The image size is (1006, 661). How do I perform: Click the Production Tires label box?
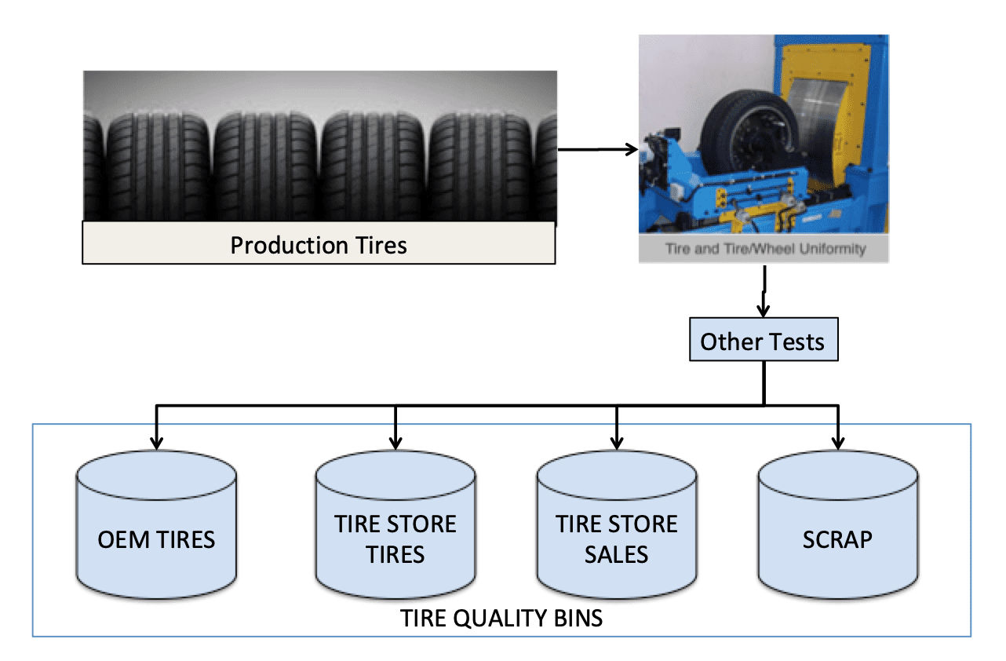coord(319,243)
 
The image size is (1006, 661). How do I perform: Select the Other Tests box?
coord(764,339)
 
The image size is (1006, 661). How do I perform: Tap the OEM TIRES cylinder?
coord(156,524)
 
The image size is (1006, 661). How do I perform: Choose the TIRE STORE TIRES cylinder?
coord(395,524)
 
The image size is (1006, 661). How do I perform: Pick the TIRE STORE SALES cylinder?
coord(617,524)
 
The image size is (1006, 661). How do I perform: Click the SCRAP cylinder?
coord(838,524)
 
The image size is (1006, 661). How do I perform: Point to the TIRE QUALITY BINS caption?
coord(501,619)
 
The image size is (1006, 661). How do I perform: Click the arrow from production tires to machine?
coord(598,149)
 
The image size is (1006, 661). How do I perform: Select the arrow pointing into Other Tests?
coord(764,291)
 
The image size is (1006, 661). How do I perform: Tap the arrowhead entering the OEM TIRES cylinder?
coord(156,443)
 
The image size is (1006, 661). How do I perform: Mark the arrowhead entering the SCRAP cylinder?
coord(838,443)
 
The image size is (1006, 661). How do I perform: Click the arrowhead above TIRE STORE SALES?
coord(617,443)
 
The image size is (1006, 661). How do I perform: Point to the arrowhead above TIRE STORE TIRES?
coord(395,443)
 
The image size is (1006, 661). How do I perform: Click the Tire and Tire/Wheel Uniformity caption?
coord(766,249)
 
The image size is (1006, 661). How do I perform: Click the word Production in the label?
coord(290,246)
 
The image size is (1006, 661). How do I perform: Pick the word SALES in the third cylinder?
coord(616,554)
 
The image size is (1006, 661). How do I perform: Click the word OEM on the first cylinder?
coord(123,539)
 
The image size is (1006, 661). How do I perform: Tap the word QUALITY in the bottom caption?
coord(501,619)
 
